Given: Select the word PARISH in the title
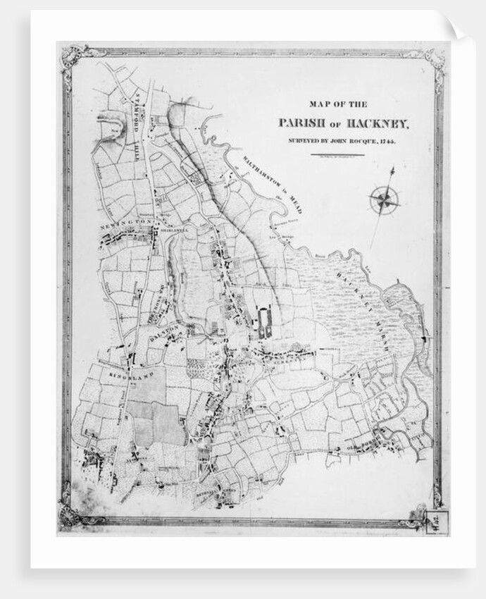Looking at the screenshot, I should pyautogui.click(x=301, y=123).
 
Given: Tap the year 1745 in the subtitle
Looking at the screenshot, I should pyautogui.click(x=386, y=142).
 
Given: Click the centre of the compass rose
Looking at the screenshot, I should pyautogui.click(x=385, y=200).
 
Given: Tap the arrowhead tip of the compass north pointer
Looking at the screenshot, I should pyautogui.click(x=393, y=169).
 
